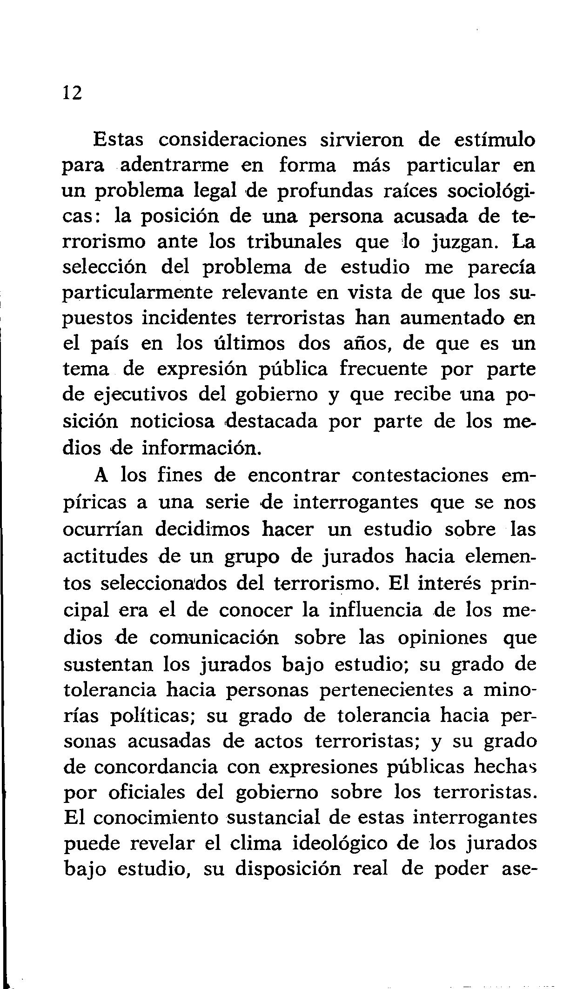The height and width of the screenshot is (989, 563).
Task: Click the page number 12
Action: (72, 93)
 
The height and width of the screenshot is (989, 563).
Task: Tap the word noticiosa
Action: (172, 421)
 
